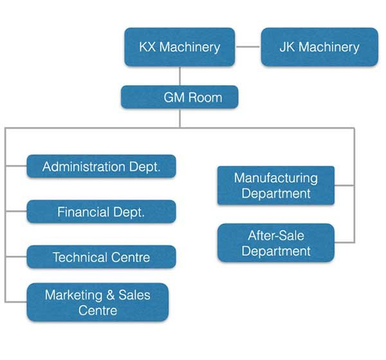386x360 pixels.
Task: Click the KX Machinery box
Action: (x=179, y=47)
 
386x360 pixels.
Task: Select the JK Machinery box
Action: (x=319, y=47)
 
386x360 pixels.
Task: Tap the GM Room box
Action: (x=179, y=98)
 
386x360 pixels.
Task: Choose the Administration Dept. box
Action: (x=101, y=167)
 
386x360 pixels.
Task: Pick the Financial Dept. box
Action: (x=101, y=212)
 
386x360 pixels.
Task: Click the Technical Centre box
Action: (x=101, y=258)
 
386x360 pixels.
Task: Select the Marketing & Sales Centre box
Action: (x=97, y=303)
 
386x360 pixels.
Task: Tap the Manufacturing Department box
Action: (x=276, y=185)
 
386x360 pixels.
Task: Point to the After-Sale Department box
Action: (x=276, y=243)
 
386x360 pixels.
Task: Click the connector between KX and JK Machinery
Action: (x=248, y=47)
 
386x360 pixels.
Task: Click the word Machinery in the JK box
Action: (x=329, y=47)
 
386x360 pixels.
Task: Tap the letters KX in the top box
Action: (x=148, y=47)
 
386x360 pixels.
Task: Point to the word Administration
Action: (x=84, y=167)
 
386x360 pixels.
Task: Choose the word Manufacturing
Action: (x=276, y=178)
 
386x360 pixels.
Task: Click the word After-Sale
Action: (x=276, y=235)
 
